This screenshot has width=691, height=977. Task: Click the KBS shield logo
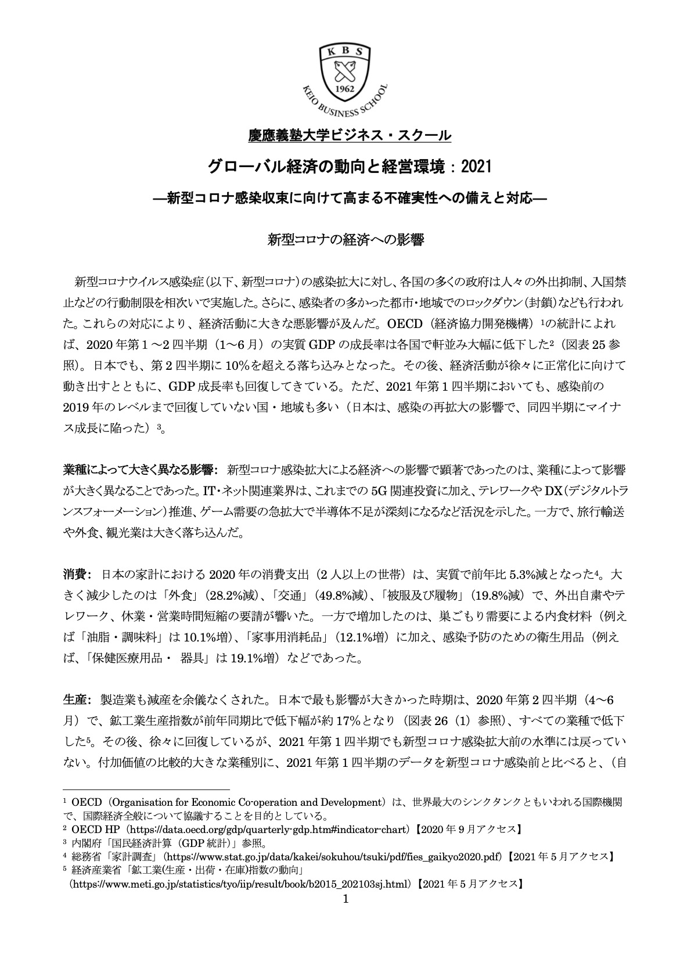(x=345, y=73)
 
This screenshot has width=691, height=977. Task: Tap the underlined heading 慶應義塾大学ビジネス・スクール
(x=345, y=136)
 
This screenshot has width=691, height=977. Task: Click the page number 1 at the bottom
(x=346, y=899)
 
